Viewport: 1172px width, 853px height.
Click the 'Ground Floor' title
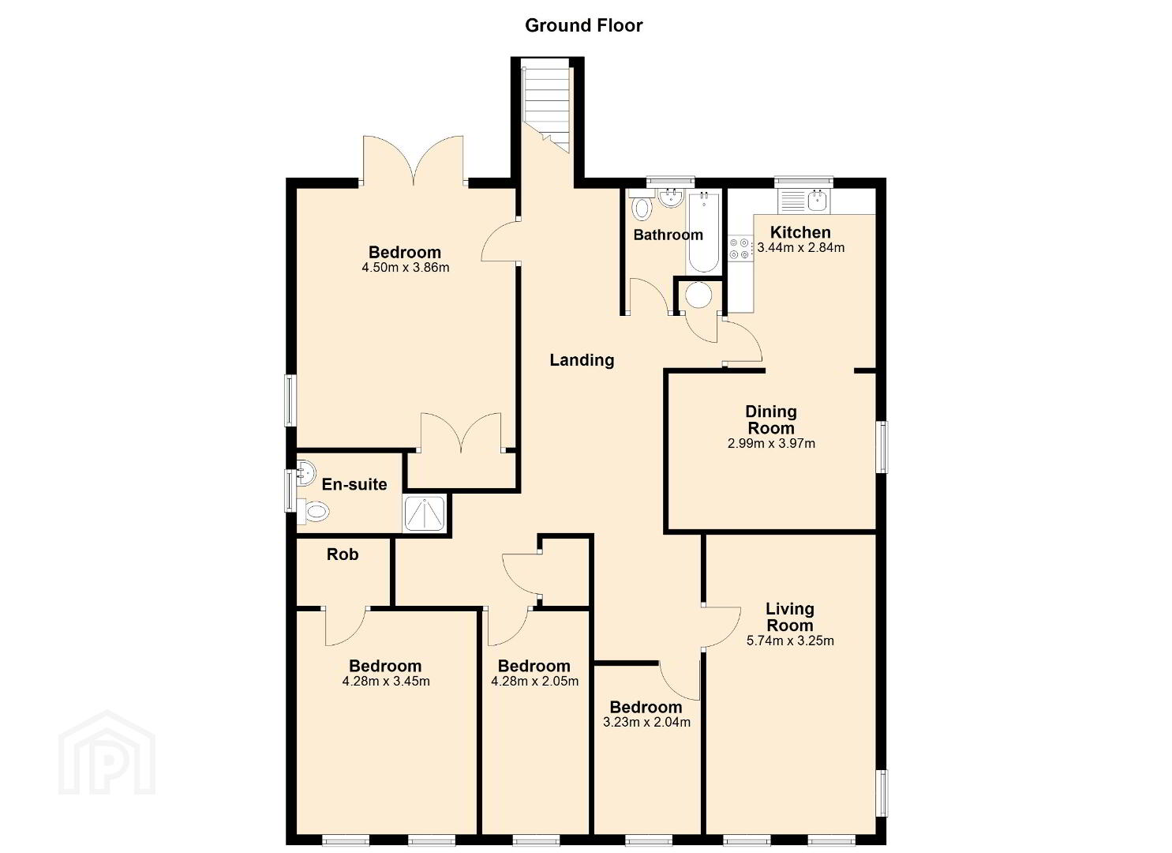tap(583, 25)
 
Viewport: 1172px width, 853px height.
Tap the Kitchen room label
tap(800, 232)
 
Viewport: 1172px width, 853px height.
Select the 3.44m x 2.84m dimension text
tap(800, 248)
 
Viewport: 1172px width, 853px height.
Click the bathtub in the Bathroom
tap(704, 232)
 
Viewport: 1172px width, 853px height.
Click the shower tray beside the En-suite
tap(425, 513)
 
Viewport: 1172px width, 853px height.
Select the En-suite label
tap(354, 484)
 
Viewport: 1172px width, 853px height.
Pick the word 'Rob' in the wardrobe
tap(343, 554)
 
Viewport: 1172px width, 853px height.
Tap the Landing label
tap(582, 359)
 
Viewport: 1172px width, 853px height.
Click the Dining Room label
tap(771, 419)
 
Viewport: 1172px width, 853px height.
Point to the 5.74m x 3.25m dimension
tap(790, 641)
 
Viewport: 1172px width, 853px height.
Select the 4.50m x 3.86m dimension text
tap(406, 268)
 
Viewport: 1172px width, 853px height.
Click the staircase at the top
tap(545, 110)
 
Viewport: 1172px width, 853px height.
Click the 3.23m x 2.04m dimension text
tap(646, 722)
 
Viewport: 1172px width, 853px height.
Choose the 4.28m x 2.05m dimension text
tap(535, 682)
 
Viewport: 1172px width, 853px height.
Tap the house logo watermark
tap(107, 753)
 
